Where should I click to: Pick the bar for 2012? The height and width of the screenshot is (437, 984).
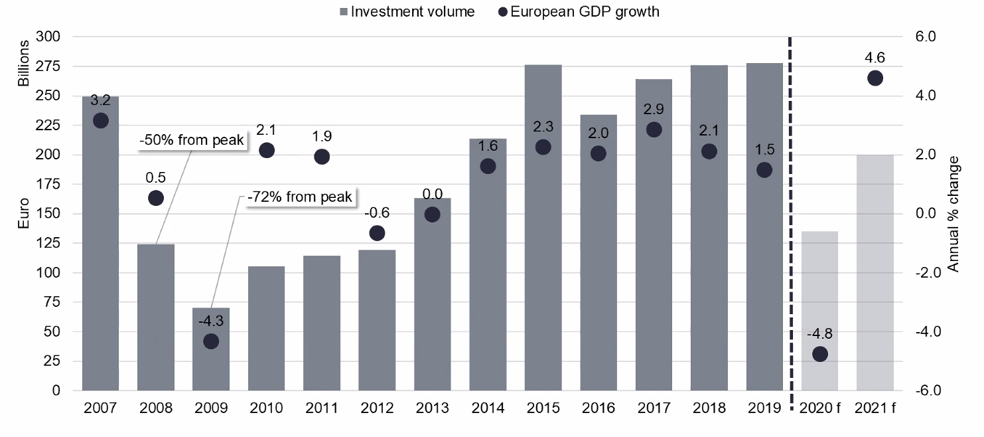click(x=377, y=319)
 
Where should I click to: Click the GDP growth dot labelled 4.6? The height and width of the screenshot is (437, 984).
click(x=875, y=78)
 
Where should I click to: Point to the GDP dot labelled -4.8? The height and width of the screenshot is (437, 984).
click(x=819, y=353)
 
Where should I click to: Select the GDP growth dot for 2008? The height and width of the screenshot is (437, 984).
click(x=156, y=198)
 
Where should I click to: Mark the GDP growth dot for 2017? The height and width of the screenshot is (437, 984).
click(x=654, y=130)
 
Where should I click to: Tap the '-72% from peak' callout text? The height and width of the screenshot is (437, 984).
click(x=299, y=197)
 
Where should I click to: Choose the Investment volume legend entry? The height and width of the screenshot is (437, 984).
click(x=407, y=11)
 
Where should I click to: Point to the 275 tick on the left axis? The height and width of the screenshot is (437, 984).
click(x=50, y=66)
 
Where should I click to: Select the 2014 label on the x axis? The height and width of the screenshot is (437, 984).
click(x=488, y=408)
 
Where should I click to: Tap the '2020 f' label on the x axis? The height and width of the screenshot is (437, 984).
click(x=819, y=408)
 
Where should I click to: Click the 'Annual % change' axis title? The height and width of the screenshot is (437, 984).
click(x=953, y=214)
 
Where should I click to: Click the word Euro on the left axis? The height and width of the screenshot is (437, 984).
click(x=24, y=213)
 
